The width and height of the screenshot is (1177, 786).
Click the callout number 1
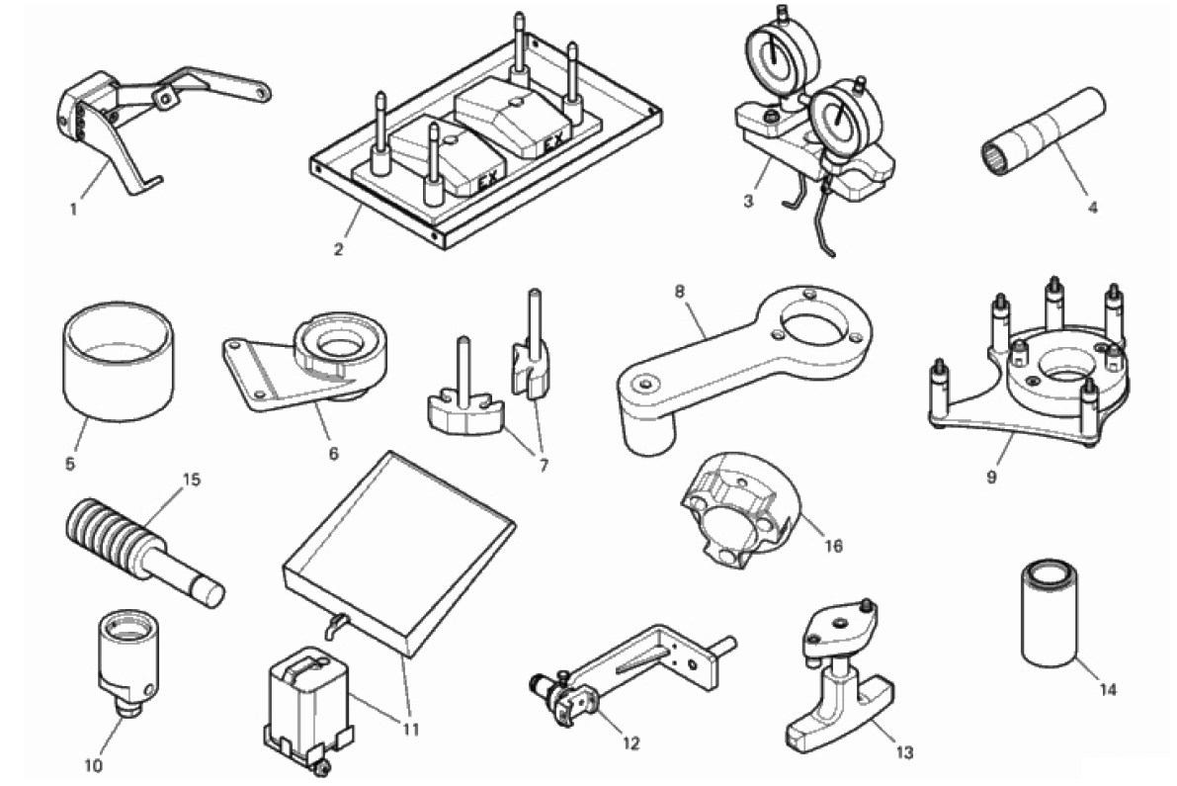(x=73, y=210)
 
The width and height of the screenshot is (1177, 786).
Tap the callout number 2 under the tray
(x=339, y=249)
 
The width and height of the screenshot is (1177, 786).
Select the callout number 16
(x=833, y=546)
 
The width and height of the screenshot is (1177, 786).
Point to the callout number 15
(x=192, y=480)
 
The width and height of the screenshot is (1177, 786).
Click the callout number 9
(x=991, y=477)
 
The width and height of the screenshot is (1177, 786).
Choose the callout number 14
(x=1108, y=689)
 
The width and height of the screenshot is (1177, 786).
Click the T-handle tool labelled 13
(x=840, y=676)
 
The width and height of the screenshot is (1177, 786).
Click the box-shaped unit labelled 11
(x=307, y=701)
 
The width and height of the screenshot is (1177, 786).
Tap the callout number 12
(x=631, y=743)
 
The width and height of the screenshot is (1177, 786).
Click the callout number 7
(x=544, y=466)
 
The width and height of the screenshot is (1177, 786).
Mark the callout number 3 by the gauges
(x=748, y=201)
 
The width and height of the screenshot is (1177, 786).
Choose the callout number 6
(x=333, y=454)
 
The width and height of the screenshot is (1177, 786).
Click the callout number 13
(x=904, y=752)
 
